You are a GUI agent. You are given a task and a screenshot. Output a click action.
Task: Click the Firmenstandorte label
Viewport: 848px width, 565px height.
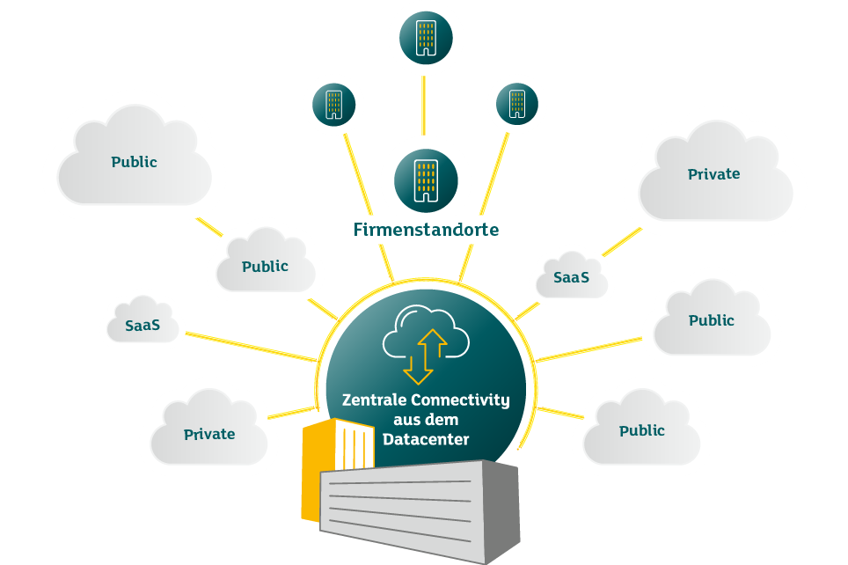click(426, 231)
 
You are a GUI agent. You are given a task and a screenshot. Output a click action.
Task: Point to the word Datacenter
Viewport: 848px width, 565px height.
click(426, 438)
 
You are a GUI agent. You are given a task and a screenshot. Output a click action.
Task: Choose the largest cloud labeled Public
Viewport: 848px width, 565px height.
click(134, 163)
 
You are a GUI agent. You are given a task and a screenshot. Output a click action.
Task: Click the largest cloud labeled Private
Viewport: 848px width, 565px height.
click(713, 174)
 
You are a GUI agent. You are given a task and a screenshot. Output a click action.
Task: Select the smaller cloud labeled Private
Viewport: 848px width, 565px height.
click(209, 434)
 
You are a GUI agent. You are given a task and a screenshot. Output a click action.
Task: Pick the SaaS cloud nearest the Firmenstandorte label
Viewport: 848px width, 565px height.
click(571, 277)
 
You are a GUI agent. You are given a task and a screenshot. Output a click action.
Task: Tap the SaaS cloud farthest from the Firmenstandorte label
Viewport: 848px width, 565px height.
click(143, 325)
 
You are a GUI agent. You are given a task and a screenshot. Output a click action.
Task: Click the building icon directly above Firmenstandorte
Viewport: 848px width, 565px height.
click(426, 177)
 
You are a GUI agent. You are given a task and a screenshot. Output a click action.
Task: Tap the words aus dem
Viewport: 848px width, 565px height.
click(426, 419)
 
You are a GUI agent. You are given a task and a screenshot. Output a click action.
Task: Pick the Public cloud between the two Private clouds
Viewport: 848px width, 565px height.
click(711, 320)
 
